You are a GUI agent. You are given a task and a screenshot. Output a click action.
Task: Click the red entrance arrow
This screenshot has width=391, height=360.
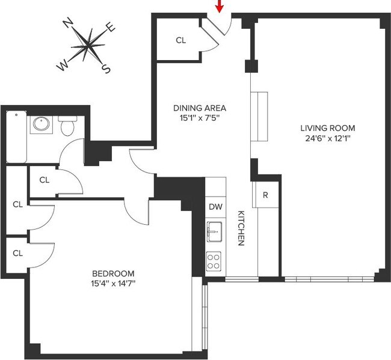(220, 6)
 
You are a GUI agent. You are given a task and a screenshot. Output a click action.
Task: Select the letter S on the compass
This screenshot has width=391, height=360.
(106, 69)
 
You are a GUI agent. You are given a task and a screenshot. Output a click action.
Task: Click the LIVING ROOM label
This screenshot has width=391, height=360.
(328, 128)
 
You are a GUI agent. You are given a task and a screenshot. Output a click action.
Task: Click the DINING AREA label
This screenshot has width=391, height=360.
(200, 108)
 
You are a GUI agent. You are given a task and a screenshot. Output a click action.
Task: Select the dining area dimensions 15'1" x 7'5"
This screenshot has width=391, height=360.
(200, 118)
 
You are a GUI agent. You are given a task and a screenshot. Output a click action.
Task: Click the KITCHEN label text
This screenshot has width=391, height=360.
(240, 228)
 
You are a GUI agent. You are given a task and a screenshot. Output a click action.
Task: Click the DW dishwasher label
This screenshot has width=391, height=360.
(215, 207)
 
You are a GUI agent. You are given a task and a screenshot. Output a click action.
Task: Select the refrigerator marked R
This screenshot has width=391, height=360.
(266, 195)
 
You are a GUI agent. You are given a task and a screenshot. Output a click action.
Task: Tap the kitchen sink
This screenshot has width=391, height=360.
(215, 230)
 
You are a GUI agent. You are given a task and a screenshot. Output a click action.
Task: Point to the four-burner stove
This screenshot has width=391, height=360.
(214, 260)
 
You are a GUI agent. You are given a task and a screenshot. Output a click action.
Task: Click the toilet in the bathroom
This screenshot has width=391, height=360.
(67, 127)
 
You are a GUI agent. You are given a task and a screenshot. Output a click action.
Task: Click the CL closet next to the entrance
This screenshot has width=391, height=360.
(181, 41)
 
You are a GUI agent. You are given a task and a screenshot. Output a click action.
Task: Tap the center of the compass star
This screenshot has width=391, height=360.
(89, 45)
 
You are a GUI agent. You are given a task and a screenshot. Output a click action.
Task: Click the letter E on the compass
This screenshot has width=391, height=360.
(110, 27)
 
